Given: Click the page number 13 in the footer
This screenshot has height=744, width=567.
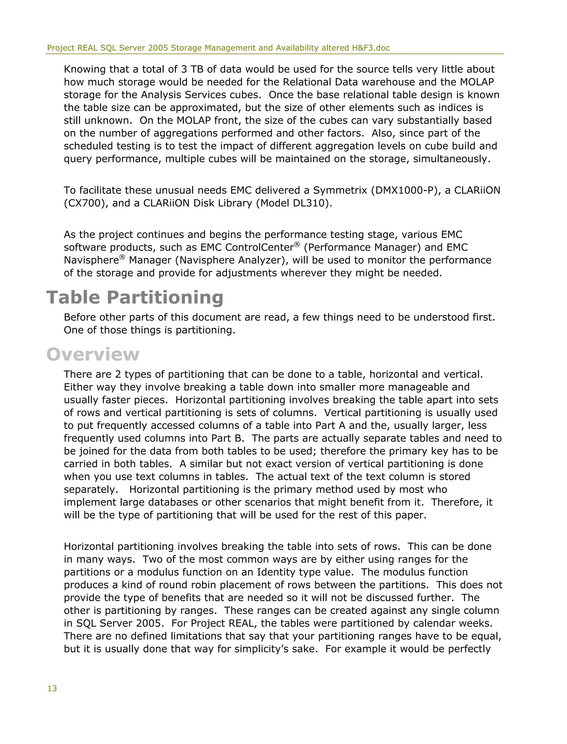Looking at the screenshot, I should point(52,688).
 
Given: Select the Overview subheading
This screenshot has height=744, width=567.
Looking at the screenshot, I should point(93,355).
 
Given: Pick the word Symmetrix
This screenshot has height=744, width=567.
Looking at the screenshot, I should point(340,190).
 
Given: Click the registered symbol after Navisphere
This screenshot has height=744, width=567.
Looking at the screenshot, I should point(122,257).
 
